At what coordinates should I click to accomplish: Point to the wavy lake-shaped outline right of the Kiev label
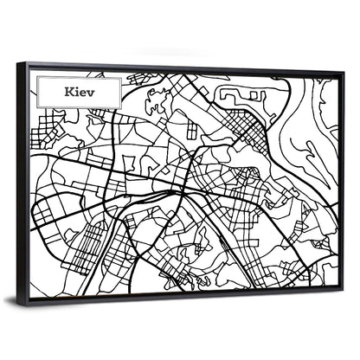tap(156, 100)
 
